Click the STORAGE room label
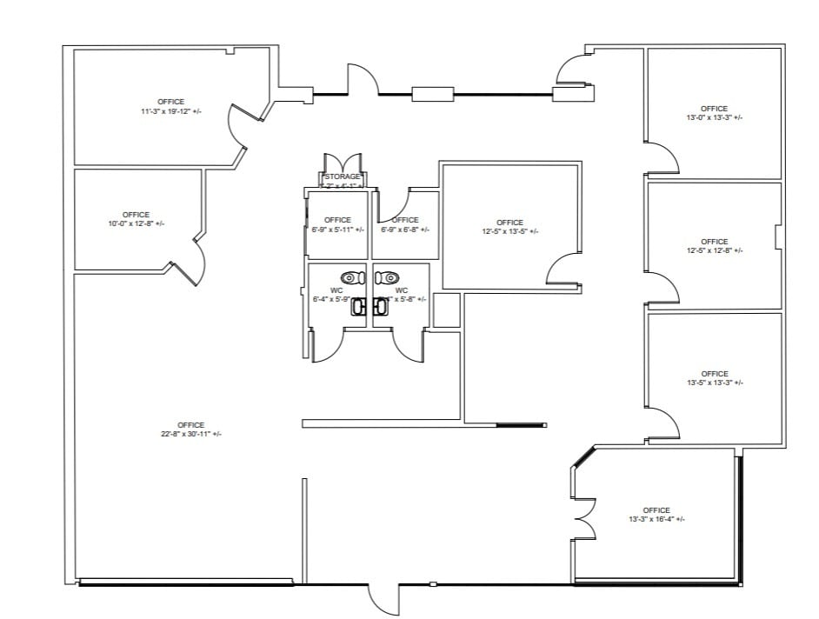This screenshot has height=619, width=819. [342, 176]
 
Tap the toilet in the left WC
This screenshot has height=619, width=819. [350, 278]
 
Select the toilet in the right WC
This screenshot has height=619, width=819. [387, 278]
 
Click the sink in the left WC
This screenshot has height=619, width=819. [357, 306]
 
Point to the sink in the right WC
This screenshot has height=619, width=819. [381, 306]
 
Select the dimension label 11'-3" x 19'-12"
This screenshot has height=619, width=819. [170, 111]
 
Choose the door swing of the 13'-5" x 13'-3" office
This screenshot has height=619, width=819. [663, 423]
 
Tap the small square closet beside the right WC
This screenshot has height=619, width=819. [446, 310]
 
